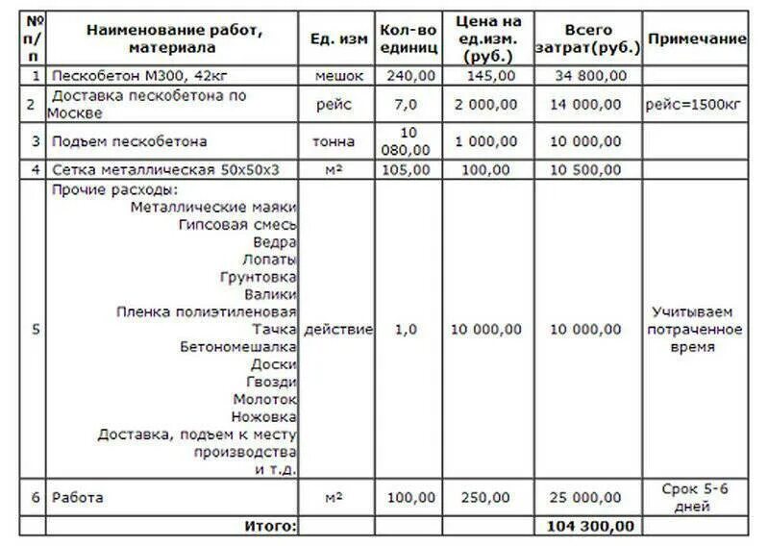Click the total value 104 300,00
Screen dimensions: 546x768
click(589, 526)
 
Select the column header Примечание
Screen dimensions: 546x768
click(697, 38)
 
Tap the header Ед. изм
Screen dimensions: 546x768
click(339, 38)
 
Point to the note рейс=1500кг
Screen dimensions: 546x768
click(696, 104)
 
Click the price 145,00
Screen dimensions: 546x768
click(489, 76)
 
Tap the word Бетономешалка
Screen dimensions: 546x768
click(237, 346)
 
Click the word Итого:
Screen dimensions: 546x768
click(270, 526)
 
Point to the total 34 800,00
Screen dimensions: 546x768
click(587, 76)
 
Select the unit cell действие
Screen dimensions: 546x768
click(339, 330)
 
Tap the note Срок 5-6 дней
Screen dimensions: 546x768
click(695, 497)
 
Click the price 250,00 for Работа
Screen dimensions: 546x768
click(489, 498)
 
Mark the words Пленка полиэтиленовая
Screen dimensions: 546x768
click(207, 311)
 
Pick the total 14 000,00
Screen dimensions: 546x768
click(587, 104)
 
